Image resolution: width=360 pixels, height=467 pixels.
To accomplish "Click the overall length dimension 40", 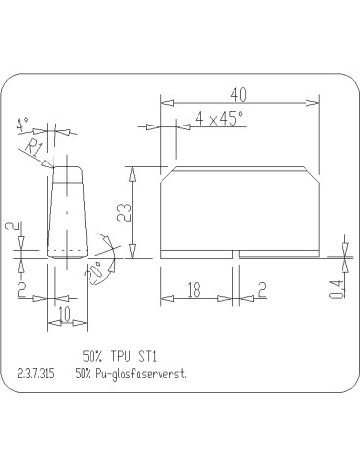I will click(239, 93).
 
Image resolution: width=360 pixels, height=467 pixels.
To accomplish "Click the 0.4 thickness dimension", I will click(336, 287).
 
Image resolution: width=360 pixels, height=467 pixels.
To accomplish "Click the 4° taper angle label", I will click(23, 124).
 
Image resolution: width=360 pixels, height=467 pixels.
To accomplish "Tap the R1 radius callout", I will click(33, 147).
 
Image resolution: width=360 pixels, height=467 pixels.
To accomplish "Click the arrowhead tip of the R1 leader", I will click(52, 168).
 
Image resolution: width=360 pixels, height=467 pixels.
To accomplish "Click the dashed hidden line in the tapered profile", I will click(66, 251).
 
